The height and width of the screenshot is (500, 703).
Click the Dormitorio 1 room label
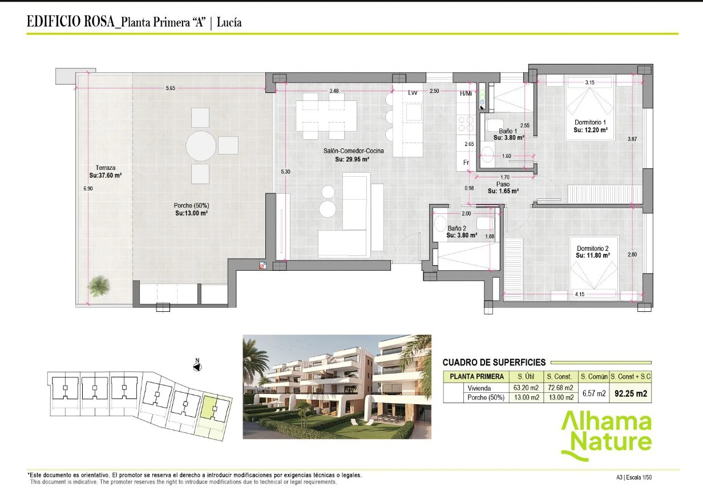(x=591, y=122)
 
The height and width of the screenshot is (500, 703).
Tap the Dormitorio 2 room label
(x=592, y=248)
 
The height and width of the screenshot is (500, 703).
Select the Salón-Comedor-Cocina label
(x=353, y=151)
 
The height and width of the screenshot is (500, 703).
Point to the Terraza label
(x=106, y=168)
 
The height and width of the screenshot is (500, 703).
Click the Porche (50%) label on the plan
(x=192, y=205)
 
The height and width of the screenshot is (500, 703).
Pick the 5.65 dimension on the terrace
(x=171, y=88)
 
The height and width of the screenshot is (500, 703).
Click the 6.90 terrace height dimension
(x=88, y=188)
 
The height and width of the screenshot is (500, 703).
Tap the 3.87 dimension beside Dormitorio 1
(x=632, y=139)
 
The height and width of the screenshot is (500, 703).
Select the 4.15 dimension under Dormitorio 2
(x=580, y=294)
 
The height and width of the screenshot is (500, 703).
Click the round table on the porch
(x=201, y=146)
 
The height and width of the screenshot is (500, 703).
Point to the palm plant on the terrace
(x=99, y=285)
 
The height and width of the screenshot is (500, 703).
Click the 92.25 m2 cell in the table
(x=631, y=393)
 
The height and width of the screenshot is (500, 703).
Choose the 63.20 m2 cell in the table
(x=526, y=388)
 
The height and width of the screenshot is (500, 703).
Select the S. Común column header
(x=594, y=376)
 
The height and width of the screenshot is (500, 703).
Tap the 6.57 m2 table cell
(x=594, y=393)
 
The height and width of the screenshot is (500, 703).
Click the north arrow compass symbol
(x=197, y=367)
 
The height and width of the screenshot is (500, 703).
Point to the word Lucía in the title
(x=229, y=22)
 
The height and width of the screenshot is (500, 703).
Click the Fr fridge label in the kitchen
(x=466, y=162)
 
